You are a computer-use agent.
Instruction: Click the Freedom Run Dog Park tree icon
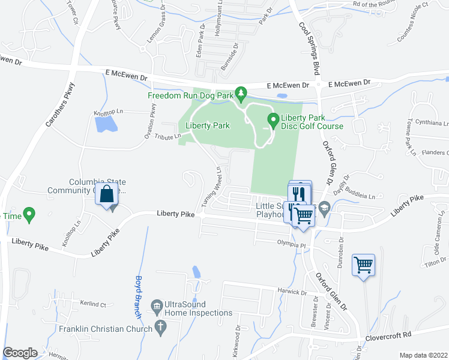(241, 92)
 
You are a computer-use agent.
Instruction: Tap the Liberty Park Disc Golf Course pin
(273, 120)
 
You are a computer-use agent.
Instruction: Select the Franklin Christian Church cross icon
(160, 328)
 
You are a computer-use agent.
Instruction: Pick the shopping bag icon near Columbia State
(106, 194)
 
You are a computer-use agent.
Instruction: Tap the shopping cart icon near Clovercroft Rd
(364, 264)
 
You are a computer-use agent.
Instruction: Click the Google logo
(20, 353)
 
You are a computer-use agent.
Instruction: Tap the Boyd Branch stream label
(137, 296)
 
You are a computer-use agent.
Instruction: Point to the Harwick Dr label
(292, 292)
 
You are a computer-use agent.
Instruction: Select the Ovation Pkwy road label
(151, 122)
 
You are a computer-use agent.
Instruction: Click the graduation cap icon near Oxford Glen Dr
(325, 207)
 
